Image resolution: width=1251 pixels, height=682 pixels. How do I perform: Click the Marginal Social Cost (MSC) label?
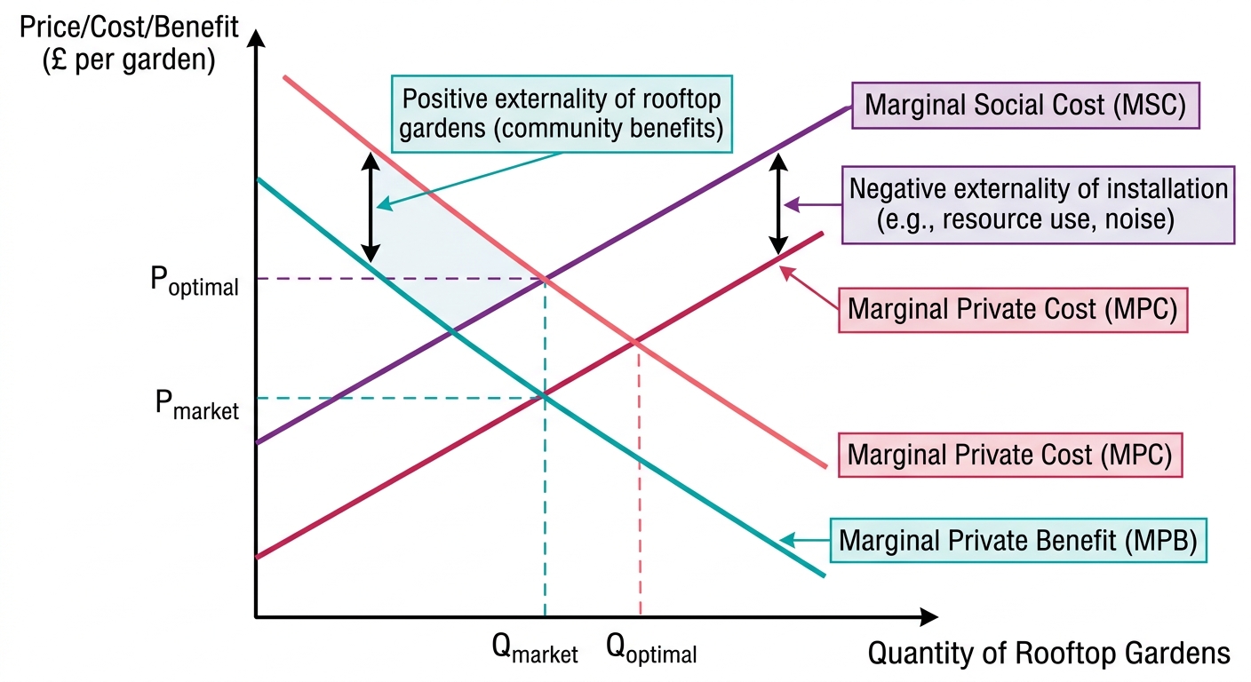click(x=1025, y=106)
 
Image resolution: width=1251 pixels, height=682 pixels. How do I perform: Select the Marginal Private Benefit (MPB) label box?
click(x=1018, y=540)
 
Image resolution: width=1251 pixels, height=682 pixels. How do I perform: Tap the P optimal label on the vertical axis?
click(x=195, y=282)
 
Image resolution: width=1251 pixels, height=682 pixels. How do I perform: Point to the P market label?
click(x=196, y=405)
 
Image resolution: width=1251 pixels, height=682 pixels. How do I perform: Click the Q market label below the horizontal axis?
click(x=535, y=649)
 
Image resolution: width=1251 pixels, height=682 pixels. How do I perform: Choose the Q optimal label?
click(x=651, y=649)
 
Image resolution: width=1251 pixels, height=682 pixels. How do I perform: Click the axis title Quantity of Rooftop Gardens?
click(x=1048, y=653)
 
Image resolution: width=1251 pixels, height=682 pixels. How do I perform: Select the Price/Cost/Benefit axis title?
click(x=129, y=44)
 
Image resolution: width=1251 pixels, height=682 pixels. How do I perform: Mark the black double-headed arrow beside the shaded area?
click(x=370, y=207)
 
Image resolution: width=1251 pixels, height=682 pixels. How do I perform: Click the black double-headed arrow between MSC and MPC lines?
click(x=778, y=203)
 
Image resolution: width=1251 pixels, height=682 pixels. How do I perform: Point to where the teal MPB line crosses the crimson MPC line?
click(x=545, y=397)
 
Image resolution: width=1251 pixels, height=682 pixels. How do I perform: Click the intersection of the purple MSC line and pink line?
click(x=545, y=279)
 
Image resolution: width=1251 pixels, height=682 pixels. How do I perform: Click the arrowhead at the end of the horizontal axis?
click(x=928, y=616)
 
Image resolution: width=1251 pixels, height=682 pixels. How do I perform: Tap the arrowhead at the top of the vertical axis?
click(x=256, y=38)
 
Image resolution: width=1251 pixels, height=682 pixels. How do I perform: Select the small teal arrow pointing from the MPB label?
click(x=804, y=540)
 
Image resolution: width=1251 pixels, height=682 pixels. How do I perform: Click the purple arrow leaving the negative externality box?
click(x=813, y=205)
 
